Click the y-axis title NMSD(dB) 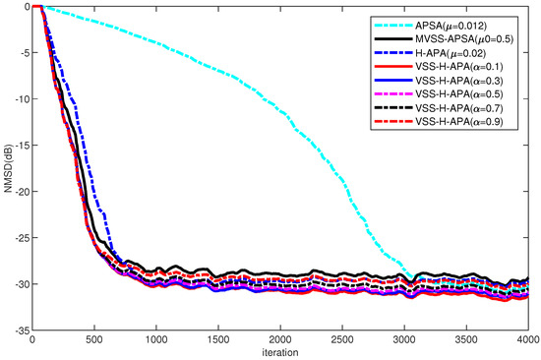point(7,168)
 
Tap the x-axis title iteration point(280,350)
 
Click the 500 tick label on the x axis point(94,340)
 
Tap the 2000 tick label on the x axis point(280,340)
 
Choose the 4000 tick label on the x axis point(526,340)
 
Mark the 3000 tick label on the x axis point(404,340)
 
